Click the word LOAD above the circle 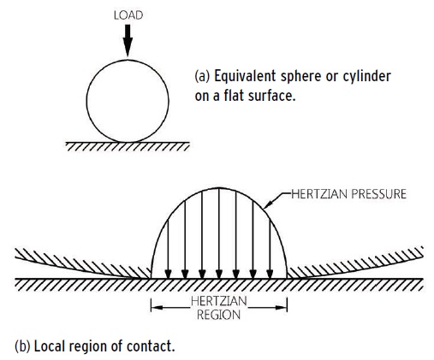coord(128,15)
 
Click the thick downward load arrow coord(128,40)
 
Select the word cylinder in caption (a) coord(366,76)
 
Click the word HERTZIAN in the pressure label coord(318,194)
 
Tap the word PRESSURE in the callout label coord(378,194)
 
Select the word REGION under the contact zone coord(218,315)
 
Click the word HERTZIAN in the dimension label coord(219,301)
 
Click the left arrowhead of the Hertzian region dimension coord(157,308)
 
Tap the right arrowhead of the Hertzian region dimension coord(281,308)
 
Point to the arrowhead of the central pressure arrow coord(219,274)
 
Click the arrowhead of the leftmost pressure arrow coord(168,274)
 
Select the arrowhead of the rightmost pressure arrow coord(270,274)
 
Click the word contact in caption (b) coord(151,346)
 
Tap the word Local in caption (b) coord(50,346)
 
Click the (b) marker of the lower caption coord(22,346)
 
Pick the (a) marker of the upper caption coord(202,76)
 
